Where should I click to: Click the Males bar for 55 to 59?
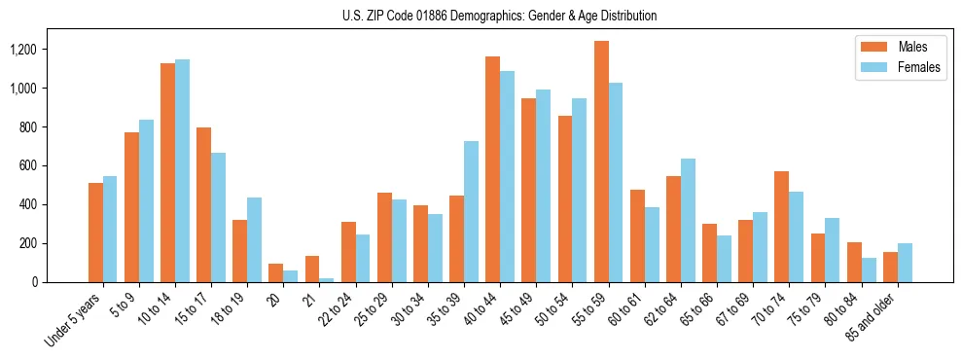click(601, 162)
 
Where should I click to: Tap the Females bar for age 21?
click(327, 280)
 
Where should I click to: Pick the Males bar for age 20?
click(276, 273)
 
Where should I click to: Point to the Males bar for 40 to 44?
click(493, 169)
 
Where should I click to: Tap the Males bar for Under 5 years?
click(95, 233)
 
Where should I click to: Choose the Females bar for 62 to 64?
click(688, 220)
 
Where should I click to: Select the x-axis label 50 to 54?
click(552, 308)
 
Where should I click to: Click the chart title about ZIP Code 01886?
click(499, 16)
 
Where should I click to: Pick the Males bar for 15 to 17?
click(204, 204)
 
